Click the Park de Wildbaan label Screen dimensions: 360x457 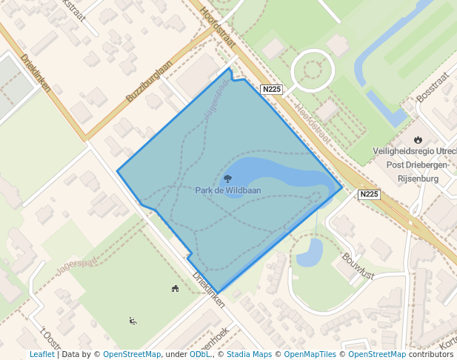(x=228, y=190)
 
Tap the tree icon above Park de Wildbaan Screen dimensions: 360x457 (x=228, y=179)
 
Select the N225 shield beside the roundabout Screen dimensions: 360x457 (x=272, y=90)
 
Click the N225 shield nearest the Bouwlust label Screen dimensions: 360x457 (x=369, y=195)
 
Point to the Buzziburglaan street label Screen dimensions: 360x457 (x=148, y=81)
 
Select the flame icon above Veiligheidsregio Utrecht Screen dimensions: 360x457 (x=418, y=139)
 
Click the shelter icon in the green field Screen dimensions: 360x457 (x=176, y=289)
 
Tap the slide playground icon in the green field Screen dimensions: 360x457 (x=133, y=321)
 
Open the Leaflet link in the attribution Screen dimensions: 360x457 (x=41, y=354)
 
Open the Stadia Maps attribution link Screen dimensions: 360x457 (x=247, y=354)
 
